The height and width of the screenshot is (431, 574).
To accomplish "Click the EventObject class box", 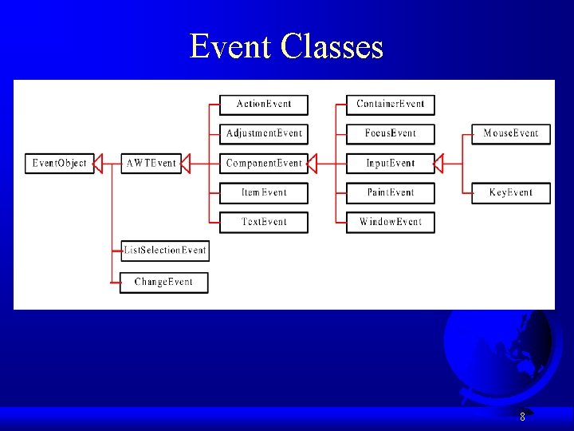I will click(60, 164).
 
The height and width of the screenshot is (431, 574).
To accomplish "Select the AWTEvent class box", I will click(151, 164).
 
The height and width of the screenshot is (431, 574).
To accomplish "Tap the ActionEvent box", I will click(264, 105).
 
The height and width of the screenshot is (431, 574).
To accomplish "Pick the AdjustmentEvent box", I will click(264, 133).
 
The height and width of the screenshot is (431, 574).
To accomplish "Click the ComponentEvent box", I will click(264, 164).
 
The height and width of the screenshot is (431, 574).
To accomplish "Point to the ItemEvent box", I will click(264, 193).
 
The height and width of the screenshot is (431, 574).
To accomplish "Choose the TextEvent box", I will click(264, 222).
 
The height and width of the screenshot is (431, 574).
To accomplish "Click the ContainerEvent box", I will click(391, 105).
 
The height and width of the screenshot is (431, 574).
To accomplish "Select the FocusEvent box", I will click(391, 133).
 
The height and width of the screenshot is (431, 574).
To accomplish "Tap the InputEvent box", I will click(391, 164).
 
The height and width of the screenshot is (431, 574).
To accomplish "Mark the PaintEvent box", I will click(391, 193).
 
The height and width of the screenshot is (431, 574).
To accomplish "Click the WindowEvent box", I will click(391, 222).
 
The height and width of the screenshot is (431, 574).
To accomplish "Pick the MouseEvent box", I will click(511, 133).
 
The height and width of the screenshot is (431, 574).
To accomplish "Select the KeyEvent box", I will click(511, 193).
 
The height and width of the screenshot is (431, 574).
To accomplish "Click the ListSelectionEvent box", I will click(164, 251).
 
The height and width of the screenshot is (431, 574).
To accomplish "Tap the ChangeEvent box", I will click(164, 283).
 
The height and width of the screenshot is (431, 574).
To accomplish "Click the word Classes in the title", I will click(332, 47).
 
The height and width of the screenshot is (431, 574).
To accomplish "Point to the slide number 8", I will click(522, 417).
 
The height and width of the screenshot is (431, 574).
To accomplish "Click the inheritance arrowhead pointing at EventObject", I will click(100, 164).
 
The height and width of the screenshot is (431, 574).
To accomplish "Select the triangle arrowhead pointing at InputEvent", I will click(438, 164).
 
